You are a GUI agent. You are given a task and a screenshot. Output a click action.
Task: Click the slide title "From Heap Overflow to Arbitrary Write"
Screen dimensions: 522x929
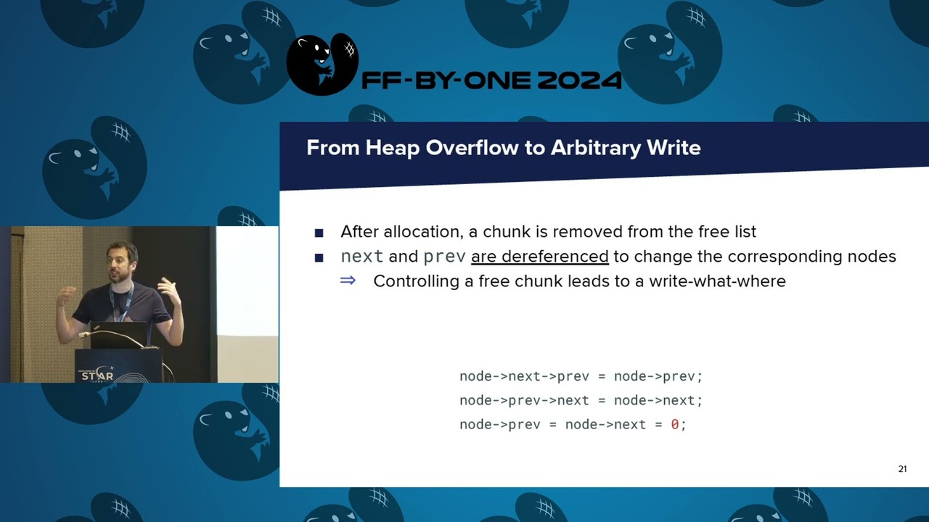point(503,148)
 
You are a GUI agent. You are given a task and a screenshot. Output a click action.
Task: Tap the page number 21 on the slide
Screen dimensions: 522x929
point(902,469)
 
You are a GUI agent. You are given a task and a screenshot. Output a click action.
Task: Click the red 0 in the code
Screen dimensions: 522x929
point(674,425)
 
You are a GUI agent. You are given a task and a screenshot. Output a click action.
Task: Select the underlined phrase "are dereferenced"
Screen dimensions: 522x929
point(539,257)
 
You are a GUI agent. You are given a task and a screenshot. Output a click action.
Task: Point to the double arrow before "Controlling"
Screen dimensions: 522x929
point(348,281)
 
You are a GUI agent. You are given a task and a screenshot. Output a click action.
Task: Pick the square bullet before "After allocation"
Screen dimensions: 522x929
point(319,233)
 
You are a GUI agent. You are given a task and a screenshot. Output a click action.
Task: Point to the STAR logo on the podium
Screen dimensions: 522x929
point(97,375)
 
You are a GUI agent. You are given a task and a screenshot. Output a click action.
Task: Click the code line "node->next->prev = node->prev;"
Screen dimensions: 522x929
point(581,376)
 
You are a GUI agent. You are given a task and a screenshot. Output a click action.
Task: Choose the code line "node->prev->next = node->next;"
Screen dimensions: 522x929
point(581,400)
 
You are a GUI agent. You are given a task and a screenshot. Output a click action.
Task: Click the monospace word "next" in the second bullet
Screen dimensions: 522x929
point(361,257)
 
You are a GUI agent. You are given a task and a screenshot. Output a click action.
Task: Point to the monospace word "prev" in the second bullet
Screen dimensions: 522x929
point(444,257)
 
